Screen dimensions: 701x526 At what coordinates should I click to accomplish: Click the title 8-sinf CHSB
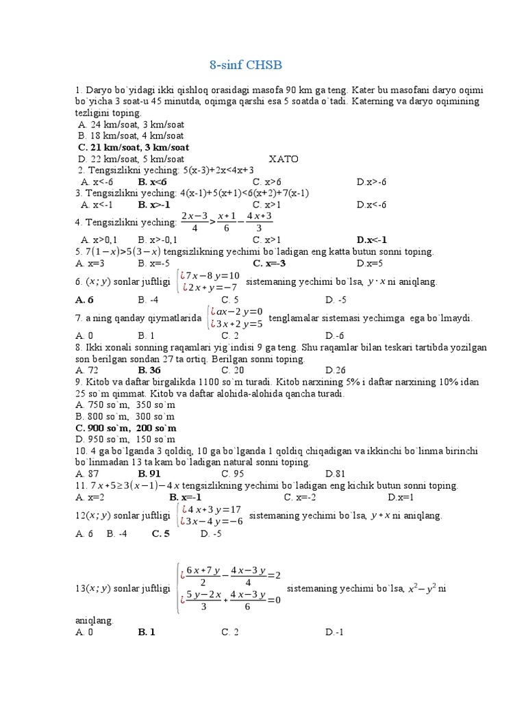(245, 66)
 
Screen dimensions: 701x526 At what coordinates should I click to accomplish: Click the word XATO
(284, 159)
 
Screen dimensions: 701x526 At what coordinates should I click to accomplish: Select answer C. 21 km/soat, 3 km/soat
(134, 147)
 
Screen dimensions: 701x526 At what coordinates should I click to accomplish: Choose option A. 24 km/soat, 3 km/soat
(131, 125)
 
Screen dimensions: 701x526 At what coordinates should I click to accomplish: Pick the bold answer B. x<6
(152, 181)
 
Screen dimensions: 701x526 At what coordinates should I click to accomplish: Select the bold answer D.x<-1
(372, 240)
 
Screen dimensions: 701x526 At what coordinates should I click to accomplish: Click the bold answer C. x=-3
(269, 263)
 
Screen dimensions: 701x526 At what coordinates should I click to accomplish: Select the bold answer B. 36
(149, 370)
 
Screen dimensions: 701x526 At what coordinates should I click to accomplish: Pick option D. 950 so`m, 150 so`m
(125, 439)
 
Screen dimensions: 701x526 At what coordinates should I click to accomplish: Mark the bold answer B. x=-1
(185, 497)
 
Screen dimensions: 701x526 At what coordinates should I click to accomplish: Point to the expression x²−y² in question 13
(423, 588)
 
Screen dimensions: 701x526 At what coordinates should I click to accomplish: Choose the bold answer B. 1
(147, 632)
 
